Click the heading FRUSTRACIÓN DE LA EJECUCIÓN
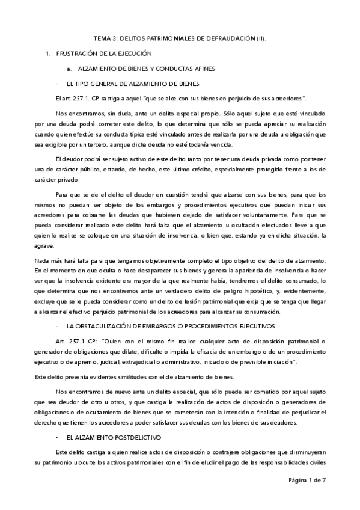click(104, 54)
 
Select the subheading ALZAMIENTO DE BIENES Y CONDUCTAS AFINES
click(147, 69)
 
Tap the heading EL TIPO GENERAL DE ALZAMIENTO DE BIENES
click(133, 83)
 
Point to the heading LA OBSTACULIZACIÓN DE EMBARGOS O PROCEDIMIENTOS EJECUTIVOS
click(171, 325)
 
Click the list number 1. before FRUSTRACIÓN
click(47, 54)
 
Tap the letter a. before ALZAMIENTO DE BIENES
click(70, 69)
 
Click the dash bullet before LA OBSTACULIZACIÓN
click(56, 325)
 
